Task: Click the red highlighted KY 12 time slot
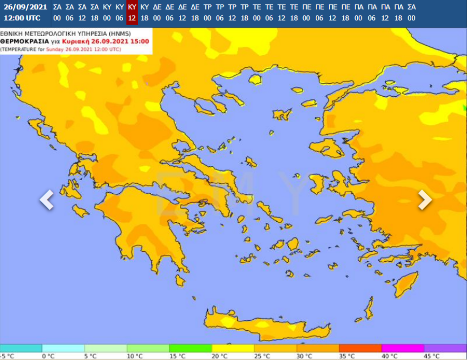(132, 12)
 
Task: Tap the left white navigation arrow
(47, 200)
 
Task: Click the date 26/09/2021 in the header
(25, 7)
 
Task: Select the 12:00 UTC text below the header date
(22, 18)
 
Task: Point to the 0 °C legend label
(48, 356)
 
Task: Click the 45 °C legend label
(430, 356)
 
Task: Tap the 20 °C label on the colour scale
(218, 356)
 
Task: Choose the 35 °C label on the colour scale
(345, 356)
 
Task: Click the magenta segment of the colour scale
(403, 348)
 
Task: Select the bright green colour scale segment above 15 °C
(191, 348)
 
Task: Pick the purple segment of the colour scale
(445, 348)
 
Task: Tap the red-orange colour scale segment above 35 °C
(360, 348)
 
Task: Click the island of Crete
(265, 324)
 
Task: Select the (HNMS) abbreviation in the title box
(123, 33)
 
